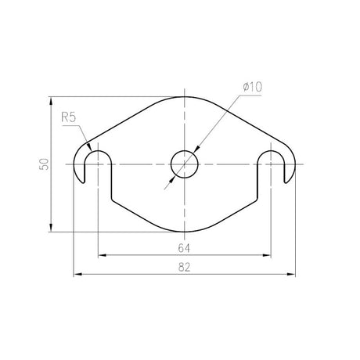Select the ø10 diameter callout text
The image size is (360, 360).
[x=251, y=88]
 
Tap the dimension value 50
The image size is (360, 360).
[x=44, y=164]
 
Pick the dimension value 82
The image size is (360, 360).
[x=185, y=268]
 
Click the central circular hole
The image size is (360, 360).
[x=185, y=164]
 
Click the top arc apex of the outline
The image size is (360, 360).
[x=185, y=96]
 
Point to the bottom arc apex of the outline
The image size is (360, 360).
[x=185, y=232]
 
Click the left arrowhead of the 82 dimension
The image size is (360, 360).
[x=76, y=274]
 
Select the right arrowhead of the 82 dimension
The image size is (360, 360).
[x=293, y=274]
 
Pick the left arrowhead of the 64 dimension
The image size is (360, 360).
[x=103, y=255]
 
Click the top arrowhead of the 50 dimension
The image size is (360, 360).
[x=51, y=100]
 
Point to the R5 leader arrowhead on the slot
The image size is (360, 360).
[x=91, y=150]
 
